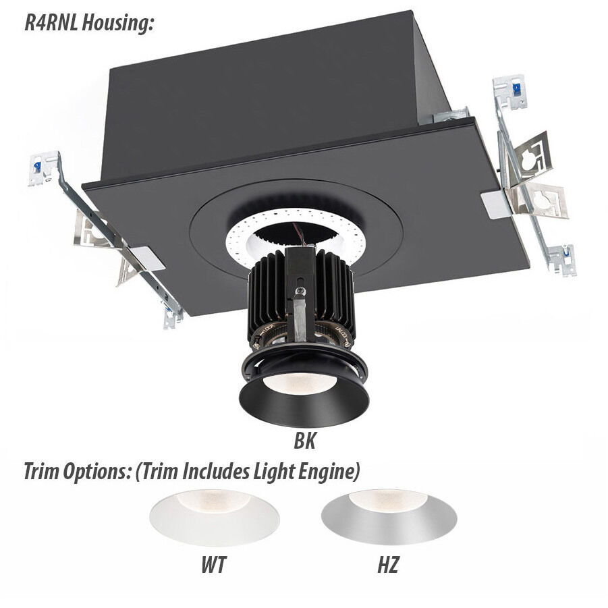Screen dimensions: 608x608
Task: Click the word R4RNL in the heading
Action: [x=51, y=23]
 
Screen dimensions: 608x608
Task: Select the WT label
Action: [x=213, y=564]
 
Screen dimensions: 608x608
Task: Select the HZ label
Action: [x=387, y=564]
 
